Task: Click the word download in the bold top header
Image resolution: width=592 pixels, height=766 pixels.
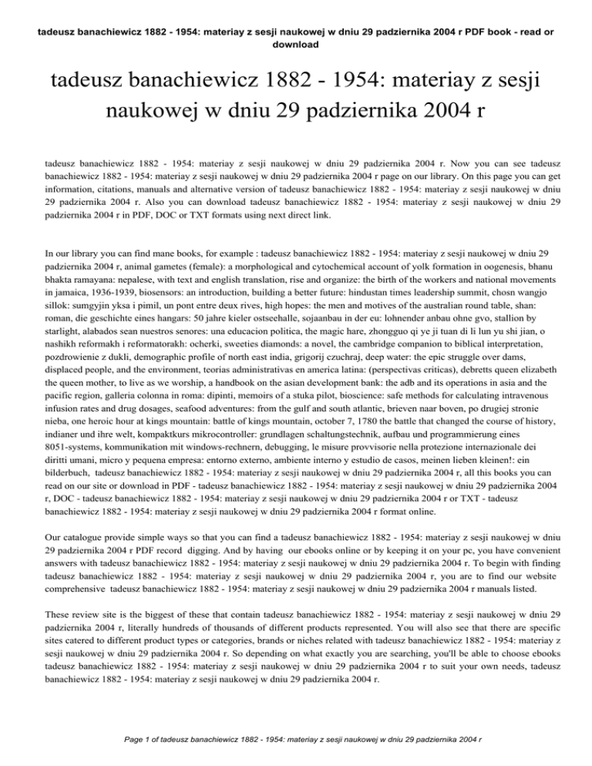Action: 296,44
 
